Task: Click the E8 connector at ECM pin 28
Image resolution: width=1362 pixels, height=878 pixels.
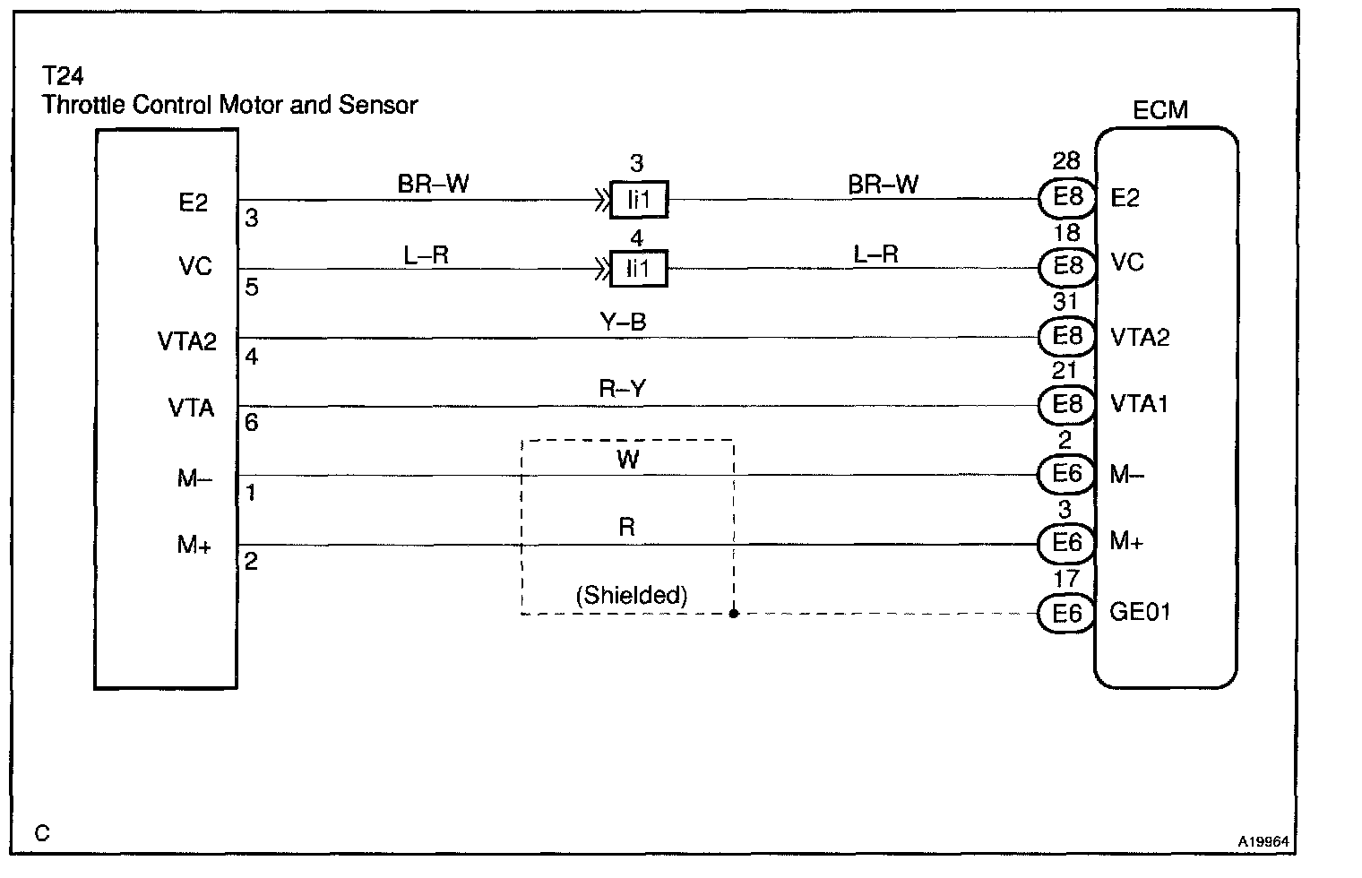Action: click(x=1066, y=197)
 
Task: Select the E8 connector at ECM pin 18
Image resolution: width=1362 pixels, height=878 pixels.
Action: click(x=1066, y=266)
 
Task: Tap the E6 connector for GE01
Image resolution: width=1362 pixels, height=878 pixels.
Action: click(x=1066, y=613)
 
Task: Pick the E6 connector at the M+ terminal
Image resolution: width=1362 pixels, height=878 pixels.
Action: click(x=1066, y=543)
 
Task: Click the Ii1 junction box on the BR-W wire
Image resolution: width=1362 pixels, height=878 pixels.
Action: click(x=638, y=200)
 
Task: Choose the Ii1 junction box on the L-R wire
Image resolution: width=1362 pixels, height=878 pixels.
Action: click(x=638, y=268)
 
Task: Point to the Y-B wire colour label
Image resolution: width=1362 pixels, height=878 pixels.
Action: click(x=623, y=322)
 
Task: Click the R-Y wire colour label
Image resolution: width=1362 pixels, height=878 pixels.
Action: click(x=622, y=390)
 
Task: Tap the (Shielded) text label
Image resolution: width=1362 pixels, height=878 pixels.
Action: click(x=632, y=595)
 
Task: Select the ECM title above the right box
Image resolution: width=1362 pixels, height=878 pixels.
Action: click(x=1160, y=110)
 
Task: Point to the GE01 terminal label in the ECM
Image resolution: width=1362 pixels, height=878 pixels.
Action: click(x=1140, y=612)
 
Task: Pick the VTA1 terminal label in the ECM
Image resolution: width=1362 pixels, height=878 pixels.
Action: click(x=1139, y=405)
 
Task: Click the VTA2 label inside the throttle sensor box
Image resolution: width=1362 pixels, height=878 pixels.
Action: click(x=187, y=341)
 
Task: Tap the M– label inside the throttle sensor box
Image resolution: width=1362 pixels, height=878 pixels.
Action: click(x=194, y=478)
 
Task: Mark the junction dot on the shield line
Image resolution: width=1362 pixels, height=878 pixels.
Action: click(x=733, y=614)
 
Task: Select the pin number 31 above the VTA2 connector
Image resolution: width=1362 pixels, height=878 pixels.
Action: click(x=1065, y=302)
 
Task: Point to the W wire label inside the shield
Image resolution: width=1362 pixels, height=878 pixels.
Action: click(x=627, y=460)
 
